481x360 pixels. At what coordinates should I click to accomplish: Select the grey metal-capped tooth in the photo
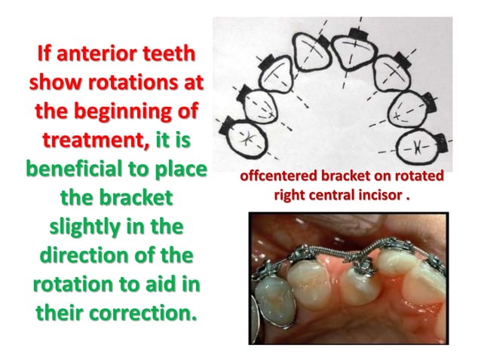click(272, 306)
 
